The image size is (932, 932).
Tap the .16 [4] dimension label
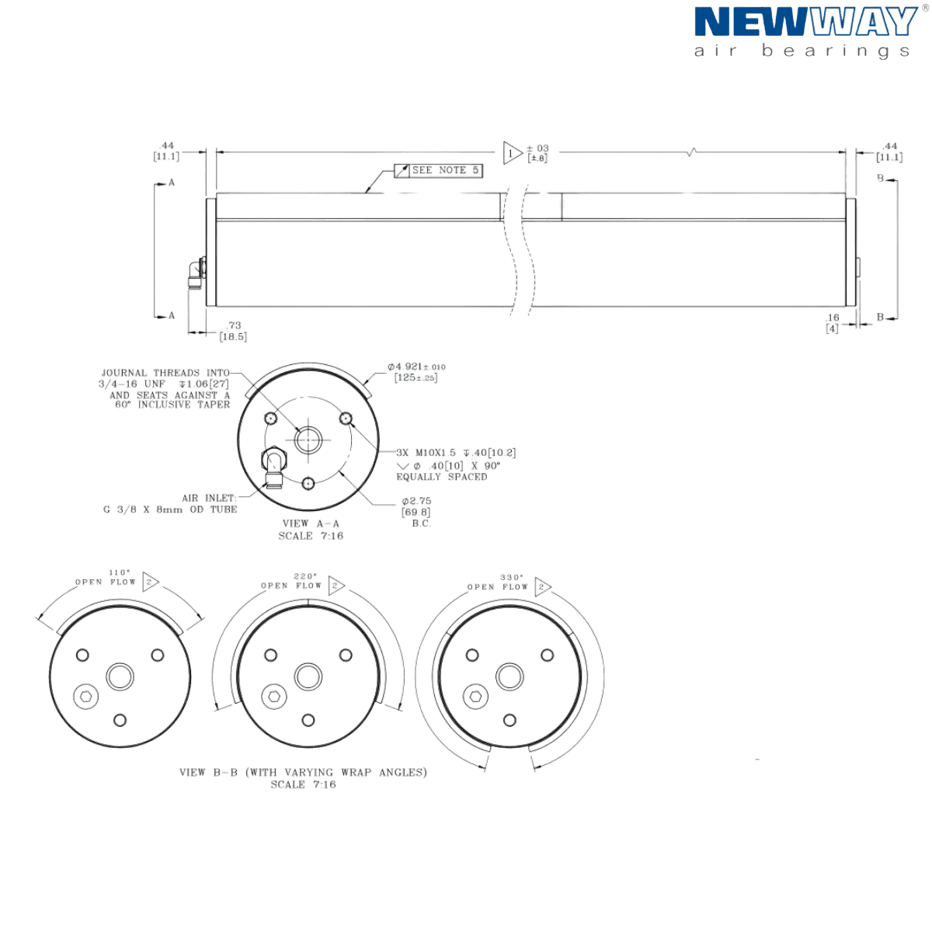833,323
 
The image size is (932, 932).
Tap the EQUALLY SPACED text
441,477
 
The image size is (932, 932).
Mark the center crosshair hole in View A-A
308,440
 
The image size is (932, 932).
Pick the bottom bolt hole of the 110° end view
120,719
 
